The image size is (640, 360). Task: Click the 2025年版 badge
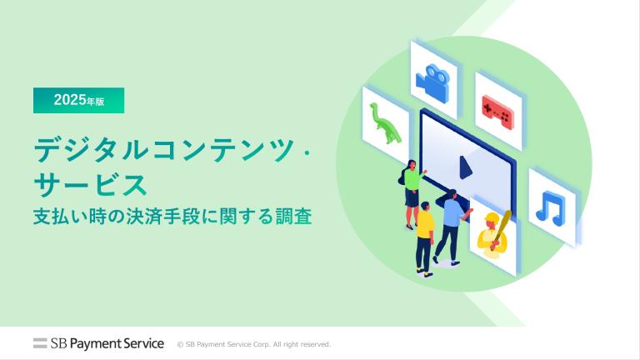tap(79, 100)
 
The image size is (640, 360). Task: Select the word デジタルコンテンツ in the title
tap(164, 150)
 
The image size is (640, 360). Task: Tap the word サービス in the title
tap(90, 185)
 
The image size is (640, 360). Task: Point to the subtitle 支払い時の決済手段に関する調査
tap(172, 217)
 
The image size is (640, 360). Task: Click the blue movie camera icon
tap(433, 82)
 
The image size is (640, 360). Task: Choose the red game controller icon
tap(497, 113)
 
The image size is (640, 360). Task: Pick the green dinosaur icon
tap(385, 123)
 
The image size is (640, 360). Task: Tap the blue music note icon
tap(551, 209)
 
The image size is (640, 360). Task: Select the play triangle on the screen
tap(465, 167)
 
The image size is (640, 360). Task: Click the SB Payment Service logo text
tap(107, 343)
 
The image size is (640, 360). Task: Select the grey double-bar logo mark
tap(40, 343)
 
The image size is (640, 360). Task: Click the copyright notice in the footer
tap(254, 344)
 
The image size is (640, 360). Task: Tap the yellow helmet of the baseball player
tap(492, 217)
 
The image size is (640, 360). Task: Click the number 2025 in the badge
tap(70, 100)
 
